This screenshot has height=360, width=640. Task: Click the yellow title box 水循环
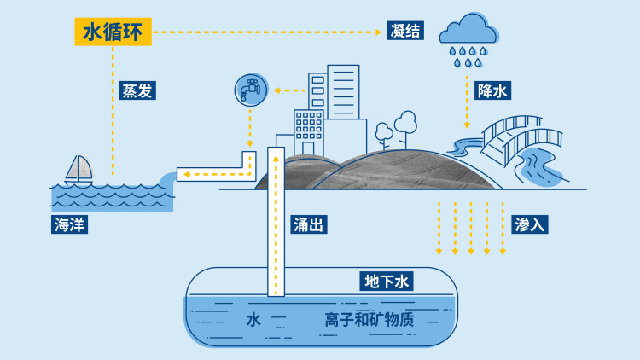click(x=113, y=32)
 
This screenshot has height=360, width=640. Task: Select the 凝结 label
click(x=405, y=31)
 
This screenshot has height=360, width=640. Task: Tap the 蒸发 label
click(x=137, y=90)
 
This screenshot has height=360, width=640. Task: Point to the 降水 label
click(x=492, y=90)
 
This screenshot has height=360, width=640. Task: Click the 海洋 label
click(x=69, y=224)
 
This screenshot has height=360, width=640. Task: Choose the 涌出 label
click(x=309, y=224)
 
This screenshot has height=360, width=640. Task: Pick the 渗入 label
click(x=530, y=224)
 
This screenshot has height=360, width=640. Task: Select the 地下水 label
click(x=387, y=282)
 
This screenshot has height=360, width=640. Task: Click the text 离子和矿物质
click(x=369, y=320)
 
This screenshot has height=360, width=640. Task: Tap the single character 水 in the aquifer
click(x=253, y=320)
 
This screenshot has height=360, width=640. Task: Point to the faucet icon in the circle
click(x=251, y=90)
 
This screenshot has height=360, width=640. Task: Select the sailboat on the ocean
click(x=79, y=169)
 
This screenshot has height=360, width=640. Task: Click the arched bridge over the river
click(x=521, y=140)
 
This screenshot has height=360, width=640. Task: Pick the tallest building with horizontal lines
click(x=343, y=92)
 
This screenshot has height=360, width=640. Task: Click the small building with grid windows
click(x=309, y=132)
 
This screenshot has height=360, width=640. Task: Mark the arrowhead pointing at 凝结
click(x=378, y=32)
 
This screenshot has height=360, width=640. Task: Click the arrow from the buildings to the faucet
click(x=290, y=90)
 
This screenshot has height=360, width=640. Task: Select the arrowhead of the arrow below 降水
click(x=467, y=125)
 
